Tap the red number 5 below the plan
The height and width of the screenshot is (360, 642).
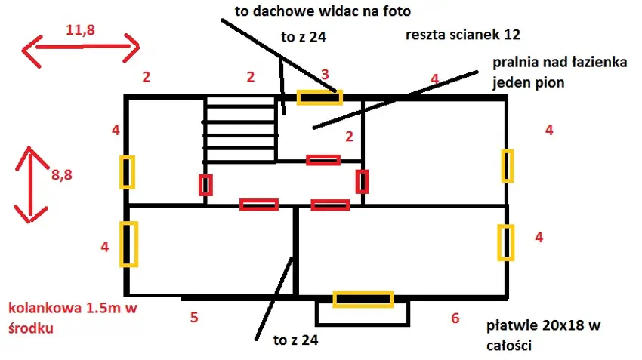coord(194,317)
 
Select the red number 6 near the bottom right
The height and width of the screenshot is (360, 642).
coord(455,318)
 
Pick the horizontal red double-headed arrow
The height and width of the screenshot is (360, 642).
coord(81,49)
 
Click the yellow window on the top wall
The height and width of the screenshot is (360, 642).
coord(319,97)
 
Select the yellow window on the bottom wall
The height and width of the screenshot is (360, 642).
coord(363,300)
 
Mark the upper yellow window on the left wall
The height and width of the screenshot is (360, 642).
coord(127,172)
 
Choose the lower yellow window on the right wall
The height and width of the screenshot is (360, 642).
coord(505,242)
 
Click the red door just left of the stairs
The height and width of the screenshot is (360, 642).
coord(205,184)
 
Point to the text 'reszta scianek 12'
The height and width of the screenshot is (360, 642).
coord(463,35)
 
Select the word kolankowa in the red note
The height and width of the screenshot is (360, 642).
coord(40,308)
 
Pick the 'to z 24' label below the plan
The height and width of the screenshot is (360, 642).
coord(295,340)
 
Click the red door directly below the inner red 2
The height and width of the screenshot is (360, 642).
coord(323,159)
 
